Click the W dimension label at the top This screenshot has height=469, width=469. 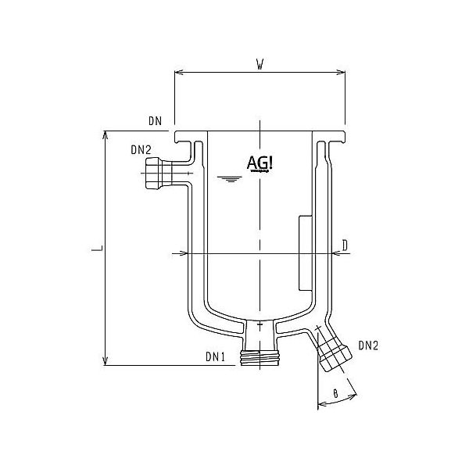259,63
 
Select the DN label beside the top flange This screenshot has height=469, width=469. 153,121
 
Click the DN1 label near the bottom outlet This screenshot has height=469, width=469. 216,356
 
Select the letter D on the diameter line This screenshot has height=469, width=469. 345,245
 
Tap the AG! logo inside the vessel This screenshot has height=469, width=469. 258,163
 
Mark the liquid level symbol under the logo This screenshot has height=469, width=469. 228,181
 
